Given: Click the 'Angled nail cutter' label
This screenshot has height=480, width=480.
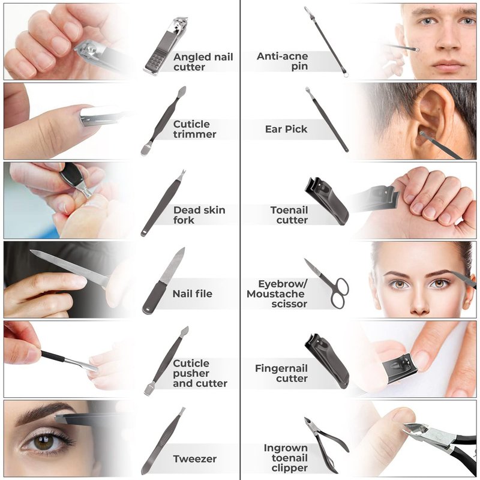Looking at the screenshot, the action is tap(203, 62).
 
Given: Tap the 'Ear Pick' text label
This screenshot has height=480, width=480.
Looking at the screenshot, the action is tap(286, 129).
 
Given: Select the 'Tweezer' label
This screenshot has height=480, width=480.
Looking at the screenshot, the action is tap(194, 458).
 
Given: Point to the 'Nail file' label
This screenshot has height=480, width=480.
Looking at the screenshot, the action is tap(192, 294).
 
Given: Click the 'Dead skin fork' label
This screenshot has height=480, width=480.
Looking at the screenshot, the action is tap(199, 215).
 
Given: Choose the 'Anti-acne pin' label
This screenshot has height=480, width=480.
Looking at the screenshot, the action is tap(282, 61).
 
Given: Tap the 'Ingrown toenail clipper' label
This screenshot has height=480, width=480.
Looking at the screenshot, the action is tap(286, 458).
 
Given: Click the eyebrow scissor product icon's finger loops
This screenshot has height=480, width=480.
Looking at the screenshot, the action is tap(339, 293).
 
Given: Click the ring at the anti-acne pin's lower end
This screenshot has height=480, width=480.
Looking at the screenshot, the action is tap(346, 74).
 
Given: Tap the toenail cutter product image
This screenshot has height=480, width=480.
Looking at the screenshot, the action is tap(326, 201).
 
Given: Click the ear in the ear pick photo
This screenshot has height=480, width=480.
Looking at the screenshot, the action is tap(431, 119).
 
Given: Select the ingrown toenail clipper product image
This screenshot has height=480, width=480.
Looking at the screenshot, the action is tap(326, 445).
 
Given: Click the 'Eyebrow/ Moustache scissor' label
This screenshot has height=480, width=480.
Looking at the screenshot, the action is tap(277, 294).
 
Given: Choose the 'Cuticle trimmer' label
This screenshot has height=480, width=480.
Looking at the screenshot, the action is tap(194, 129).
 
